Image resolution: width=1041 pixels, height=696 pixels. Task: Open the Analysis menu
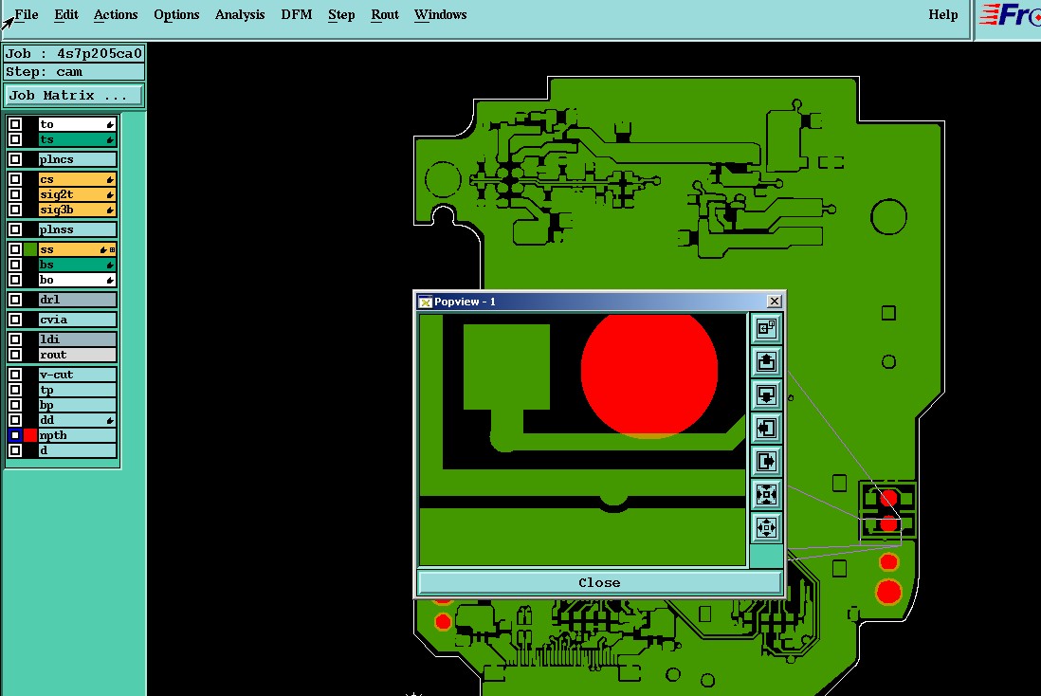240,14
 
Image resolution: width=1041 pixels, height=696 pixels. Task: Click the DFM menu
296,14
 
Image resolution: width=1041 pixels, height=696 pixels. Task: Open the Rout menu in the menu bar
384,14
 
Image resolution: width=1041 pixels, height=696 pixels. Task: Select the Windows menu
440,14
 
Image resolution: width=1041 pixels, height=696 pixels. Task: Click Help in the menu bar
942,14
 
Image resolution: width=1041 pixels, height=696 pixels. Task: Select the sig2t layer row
77,194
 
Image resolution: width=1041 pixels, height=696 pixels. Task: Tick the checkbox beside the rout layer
15,355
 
